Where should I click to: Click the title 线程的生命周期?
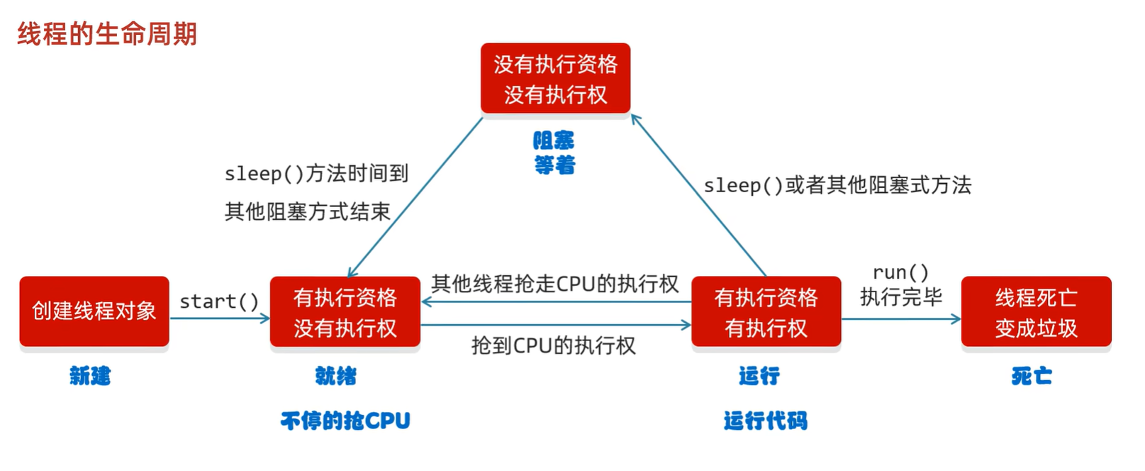tap(107, 33)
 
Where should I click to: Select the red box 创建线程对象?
tap(94, 311)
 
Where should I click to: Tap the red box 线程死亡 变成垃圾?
tap(1036, 312)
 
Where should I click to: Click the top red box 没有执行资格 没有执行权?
tap(555, 79)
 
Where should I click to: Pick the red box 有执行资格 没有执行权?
tap(345, 312)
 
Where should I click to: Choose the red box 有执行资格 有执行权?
tap(766, 312)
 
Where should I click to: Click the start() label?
tap(219, 301)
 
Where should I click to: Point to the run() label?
tap(900, 272)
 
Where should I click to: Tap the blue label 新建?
tap(90, 375)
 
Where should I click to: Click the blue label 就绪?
tap(335, 375)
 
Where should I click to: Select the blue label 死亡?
tap(1032, 375)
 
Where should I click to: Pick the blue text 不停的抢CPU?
tap(345, 421)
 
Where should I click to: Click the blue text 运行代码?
tap(766, 421)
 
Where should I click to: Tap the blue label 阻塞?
tap(554, 140)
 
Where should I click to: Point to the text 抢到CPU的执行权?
tap(554, 345)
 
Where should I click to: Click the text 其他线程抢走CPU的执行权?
tap(555, 284)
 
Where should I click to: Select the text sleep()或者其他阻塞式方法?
tap(837, 185)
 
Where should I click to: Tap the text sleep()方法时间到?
tap(316, 173)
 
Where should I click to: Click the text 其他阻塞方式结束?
tap(308, 211)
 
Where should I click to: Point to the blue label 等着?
tap(554, 165)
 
